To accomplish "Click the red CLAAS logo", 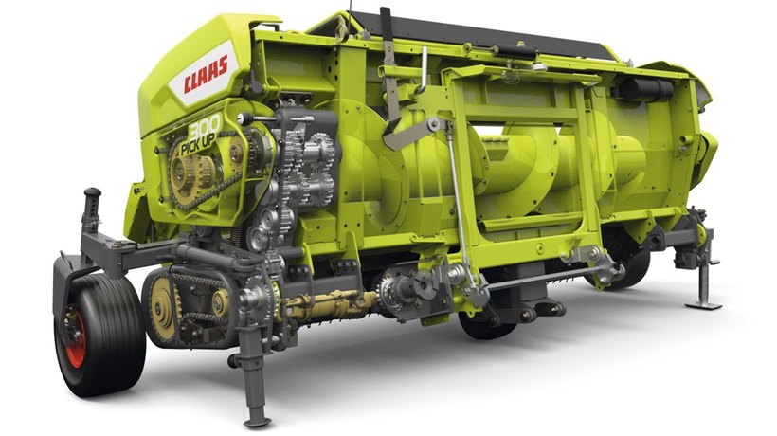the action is click(x=206, y=74).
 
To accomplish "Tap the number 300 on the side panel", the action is click(x=205, y=127).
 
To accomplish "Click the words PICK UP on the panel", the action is click(x=198, y=144).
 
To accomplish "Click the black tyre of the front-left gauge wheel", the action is click(x=99, y=335).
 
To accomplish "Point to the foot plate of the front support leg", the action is click(x=258, y=422).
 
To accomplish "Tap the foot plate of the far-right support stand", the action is click(x=703, y=305).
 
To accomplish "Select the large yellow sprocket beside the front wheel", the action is click(x=163, y=309).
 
